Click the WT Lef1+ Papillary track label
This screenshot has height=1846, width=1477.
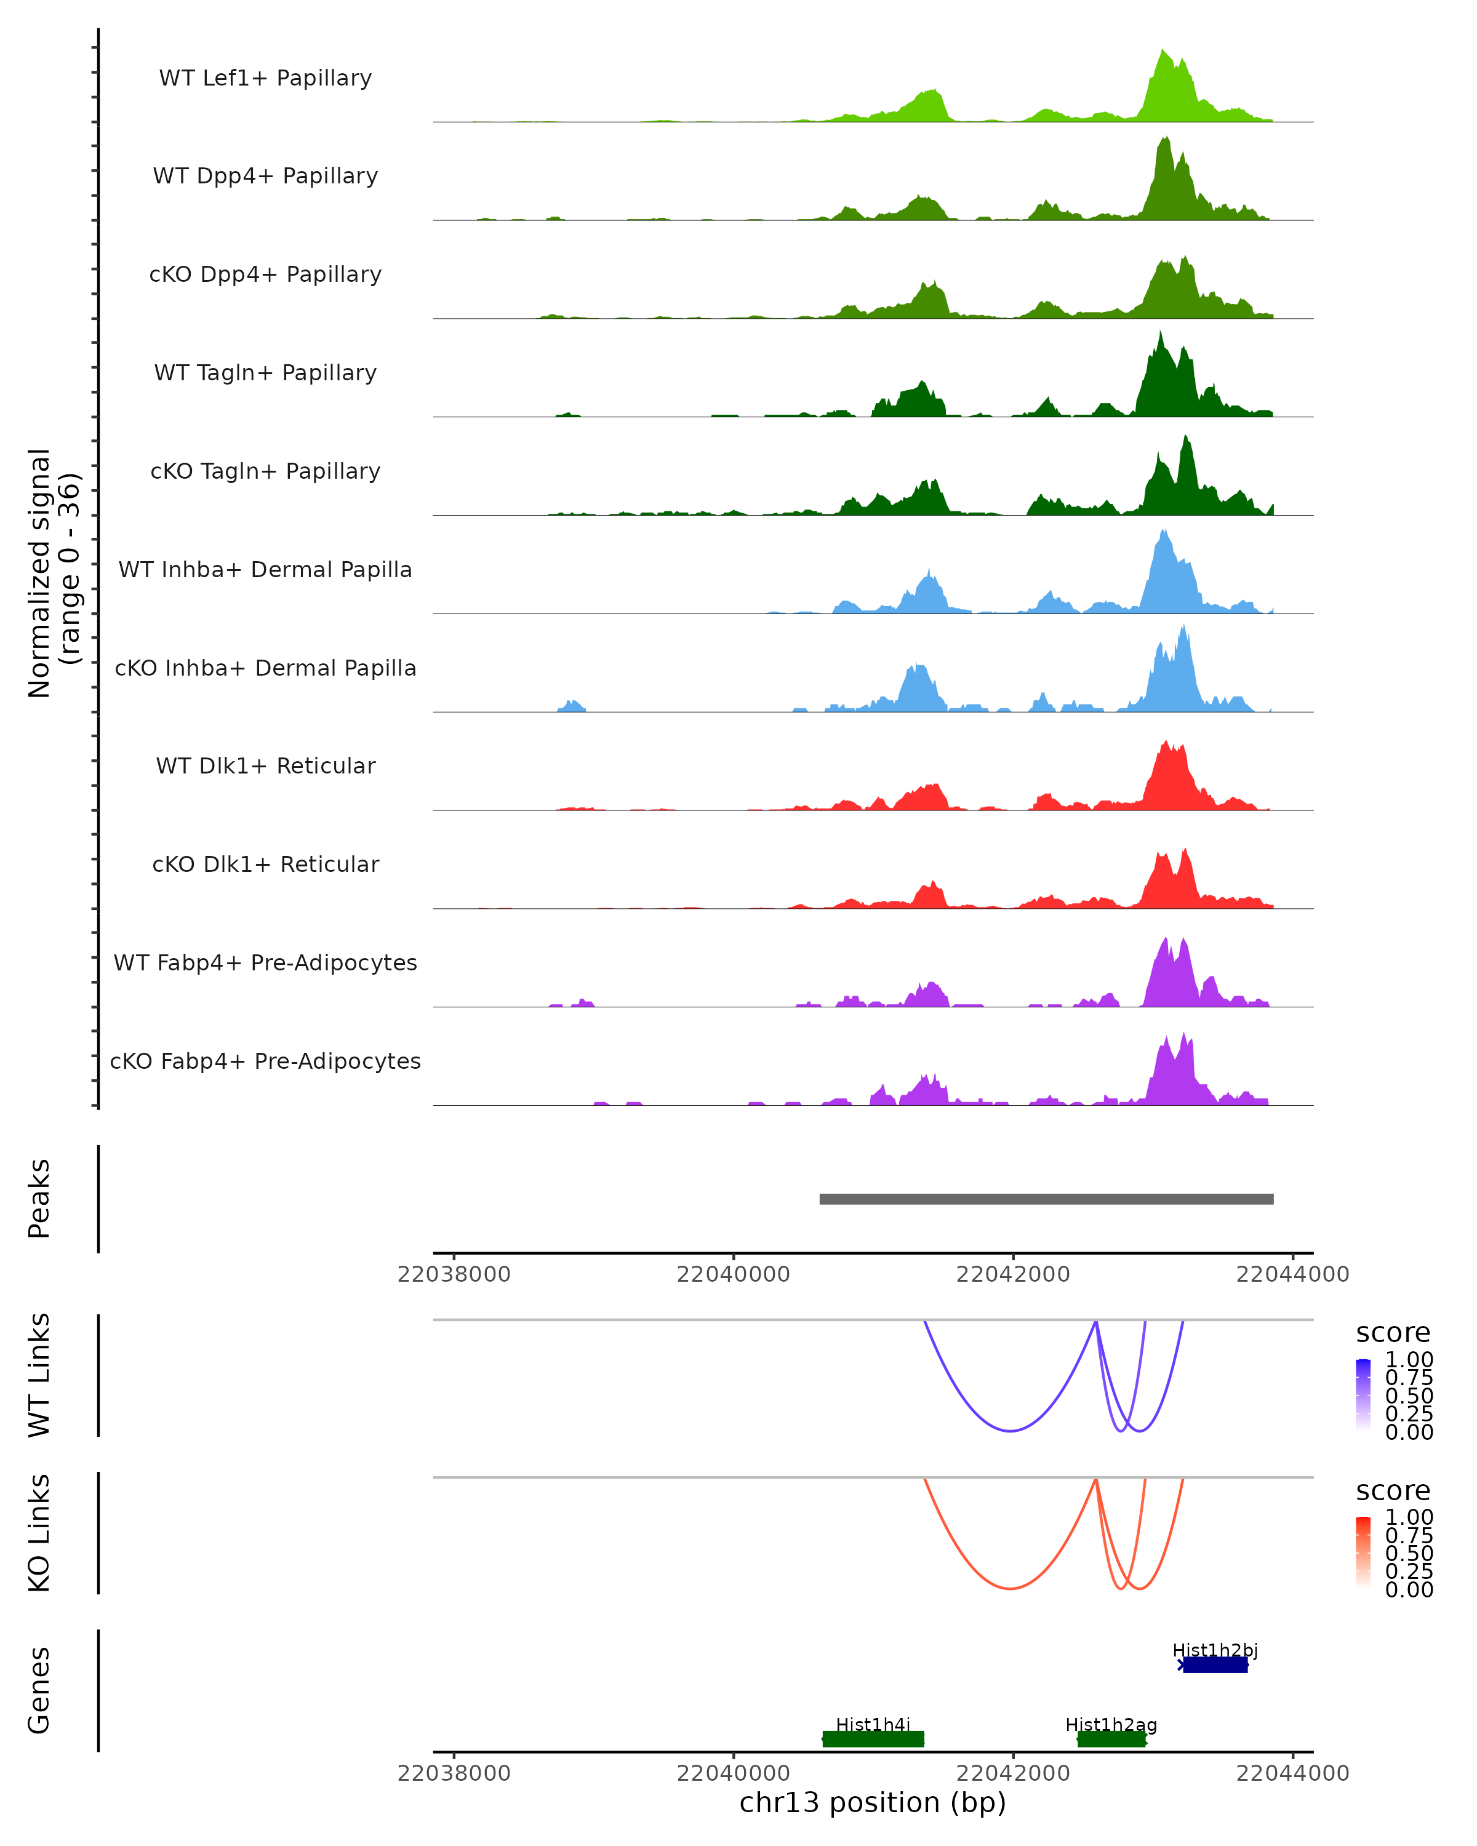[x=265, y=78]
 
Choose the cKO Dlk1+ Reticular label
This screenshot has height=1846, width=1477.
[x=265, y=864]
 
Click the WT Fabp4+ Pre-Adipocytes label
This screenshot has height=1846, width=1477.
[x=265, y=962]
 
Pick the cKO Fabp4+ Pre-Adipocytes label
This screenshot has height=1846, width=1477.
[x=265, y=1061]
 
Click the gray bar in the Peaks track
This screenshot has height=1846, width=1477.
[x=1046, y=1199]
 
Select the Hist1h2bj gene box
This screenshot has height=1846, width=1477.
[x=1214, y=1664]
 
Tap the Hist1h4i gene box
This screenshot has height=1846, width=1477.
[x=873, y=1738]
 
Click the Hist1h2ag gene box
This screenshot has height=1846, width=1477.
[x=1111, y=1738]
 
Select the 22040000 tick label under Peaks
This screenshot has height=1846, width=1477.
[x=733, y=1274]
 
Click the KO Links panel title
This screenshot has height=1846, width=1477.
[x=39, y=1533]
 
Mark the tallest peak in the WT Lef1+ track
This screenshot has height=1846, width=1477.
[x=1163, y=50]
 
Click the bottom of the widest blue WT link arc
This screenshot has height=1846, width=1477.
[x=1011, y=1431]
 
